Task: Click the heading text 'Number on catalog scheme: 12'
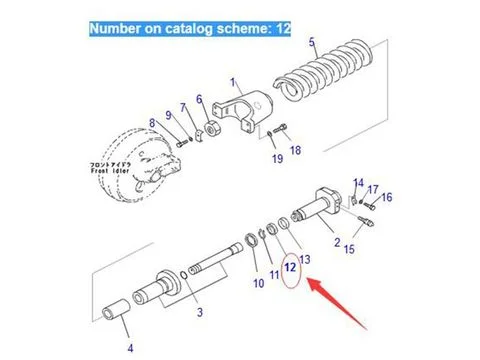[190, 29]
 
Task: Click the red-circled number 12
[291, 268]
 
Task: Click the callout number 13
[305, 259]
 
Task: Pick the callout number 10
[257, 284]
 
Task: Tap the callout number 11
[274, 274]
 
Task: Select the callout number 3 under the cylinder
[199, 314]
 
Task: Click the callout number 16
[387, 198]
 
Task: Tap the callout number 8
[153, 123]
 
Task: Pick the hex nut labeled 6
[212, 129]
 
